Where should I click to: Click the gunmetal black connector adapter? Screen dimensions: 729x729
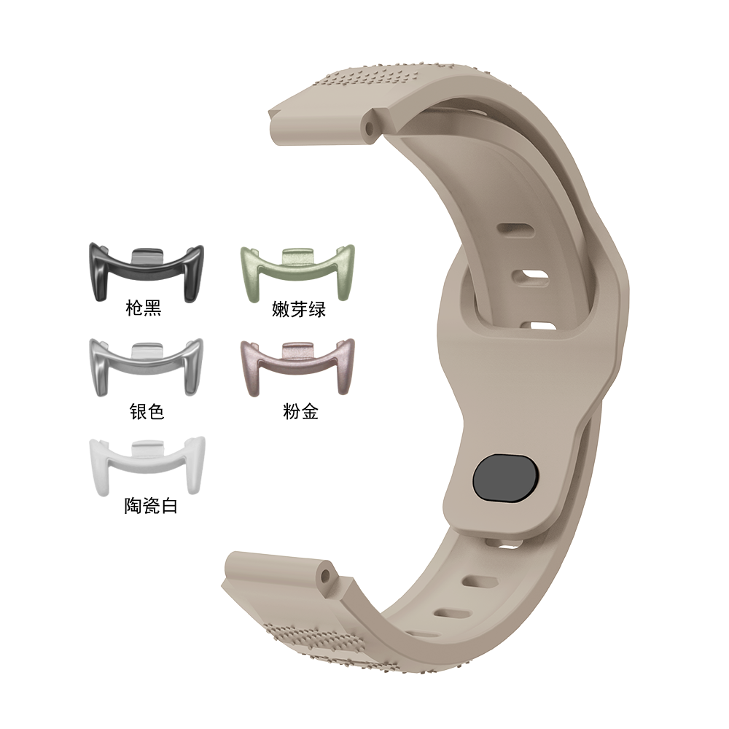[147, 269]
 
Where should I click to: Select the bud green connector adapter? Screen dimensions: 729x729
[297, 269]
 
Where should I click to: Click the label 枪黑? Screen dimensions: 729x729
[143, 308]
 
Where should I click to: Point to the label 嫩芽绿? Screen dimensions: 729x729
[298, 309]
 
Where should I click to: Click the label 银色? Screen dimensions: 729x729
[147, 411]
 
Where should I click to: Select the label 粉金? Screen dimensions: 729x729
[300, 411]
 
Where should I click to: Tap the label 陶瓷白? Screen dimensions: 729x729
[151, 506]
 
